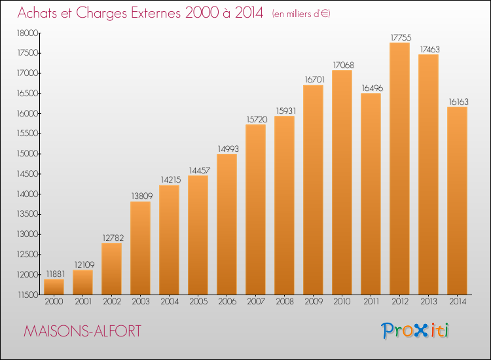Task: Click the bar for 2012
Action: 399,168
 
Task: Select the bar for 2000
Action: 54,287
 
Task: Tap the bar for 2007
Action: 255,209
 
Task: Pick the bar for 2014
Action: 457,201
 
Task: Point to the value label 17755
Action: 401,37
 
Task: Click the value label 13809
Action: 142,196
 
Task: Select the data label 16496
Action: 373,88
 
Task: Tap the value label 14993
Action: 228,149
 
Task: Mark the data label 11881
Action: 56,274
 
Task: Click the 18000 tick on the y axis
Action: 27,33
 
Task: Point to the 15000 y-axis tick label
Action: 27,154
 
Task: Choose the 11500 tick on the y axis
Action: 27,295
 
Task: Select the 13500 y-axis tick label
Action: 27,214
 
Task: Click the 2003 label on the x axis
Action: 141,301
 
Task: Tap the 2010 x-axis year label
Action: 342,301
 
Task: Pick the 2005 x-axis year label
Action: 198,301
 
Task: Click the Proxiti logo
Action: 415,331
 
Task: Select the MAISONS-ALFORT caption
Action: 82,331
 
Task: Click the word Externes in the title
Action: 156,12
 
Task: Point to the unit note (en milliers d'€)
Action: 301,14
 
